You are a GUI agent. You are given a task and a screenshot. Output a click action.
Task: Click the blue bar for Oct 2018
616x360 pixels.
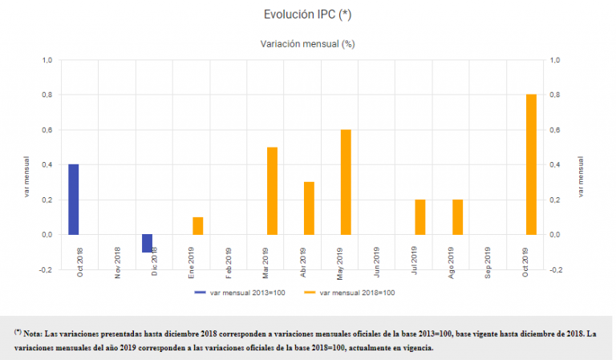[x=74, y=200]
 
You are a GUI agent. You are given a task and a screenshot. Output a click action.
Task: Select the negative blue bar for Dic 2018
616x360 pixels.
[x=148, y=243]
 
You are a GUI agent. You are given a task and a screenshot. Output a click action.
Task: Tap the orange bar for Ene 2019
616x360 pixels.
[x=197, y=226]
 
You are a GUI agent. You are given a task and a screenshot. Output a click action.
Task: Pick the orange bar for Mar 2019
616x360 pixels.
[x=272, y=191]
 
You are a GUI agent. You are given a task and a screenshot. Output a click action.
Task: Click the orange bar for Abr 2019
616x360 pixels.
[x=309, y=208]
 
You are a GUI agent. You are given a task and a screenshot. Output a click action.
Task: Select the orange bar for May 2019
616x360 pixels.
[x=346, y=182]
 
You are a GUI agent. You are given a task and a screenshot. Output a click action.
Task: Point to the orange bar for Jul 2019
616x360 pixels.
[x=420, y=217]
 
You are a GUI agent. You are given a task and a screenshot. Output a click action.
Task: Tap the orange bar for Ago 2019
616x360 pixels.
[x=457, y=217]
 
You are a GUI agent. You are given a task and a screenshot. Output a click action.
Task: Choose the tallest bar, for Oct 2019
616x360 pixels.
[x=531, y=164]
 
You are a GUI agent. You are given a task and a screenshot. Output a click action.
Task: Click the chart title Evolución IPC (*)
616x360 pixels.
[x=307, y=14]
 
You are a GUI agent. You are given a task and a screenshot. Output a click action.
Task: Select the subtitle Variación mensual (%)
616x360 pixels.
[x=307, y=44]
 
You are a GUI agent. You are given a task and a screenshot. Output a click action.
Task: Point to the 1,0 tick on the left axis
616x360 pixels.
[x=47, y=60]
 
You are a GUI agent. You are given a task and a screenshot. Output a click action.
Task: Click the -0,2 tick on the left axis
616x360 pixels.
[x=47, y=270]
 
